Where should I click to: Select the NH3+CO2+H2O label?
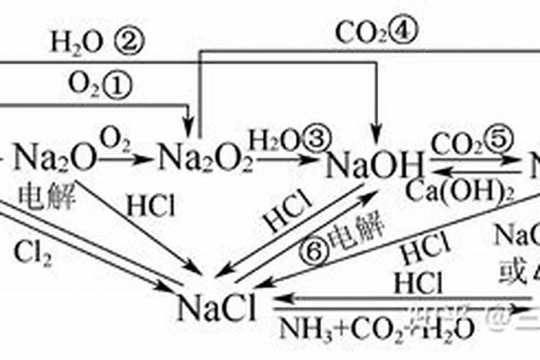tap(374, 328)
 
